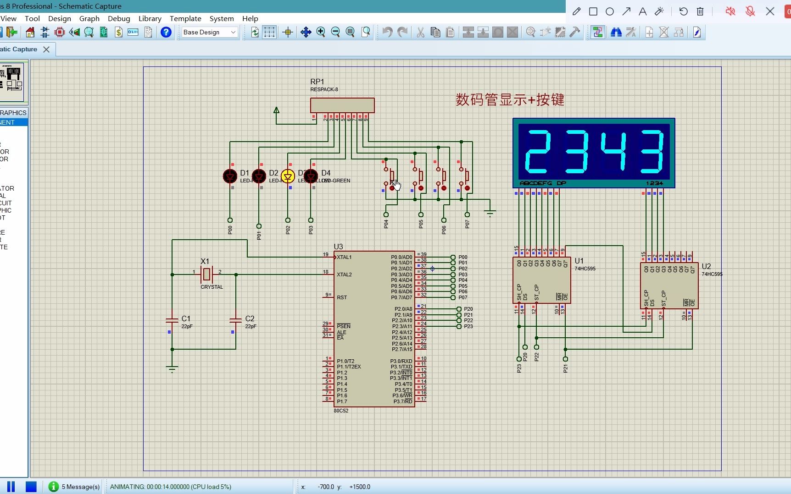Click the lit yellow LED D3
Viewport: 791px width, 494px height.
point(288,176)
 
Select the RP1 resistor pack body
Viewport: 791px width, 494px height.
point(342,105)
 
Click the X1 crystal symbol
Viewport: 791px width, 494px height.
point(206,274)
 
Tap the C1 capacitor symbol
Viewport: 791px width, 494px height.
point(172,319)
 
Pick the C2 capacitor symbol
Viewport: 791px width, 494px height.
point(235,319)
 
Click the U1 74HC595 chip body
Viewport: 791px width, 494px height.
point(541,280)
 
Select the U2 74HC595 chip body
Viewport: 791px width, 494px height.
point(669,285)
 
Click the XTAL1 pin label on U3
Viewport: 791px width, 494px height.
point(344,257)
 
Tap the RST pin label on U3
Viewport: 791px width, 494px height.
point(342,297)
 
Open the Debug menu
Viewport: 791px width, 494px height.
point(119,18)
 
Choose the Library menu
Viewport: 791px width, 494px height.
point(150,18)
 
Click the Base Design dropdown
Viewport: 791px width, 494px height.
point(209,32)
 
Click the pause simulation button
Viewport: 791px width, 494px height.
point(11,487)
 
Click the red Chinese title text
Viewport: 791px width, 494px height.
point(510,99)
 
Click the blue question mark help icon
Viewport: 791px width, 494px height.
point(166,32)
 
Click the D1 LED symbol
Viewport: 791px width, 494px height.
point(230,176)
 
